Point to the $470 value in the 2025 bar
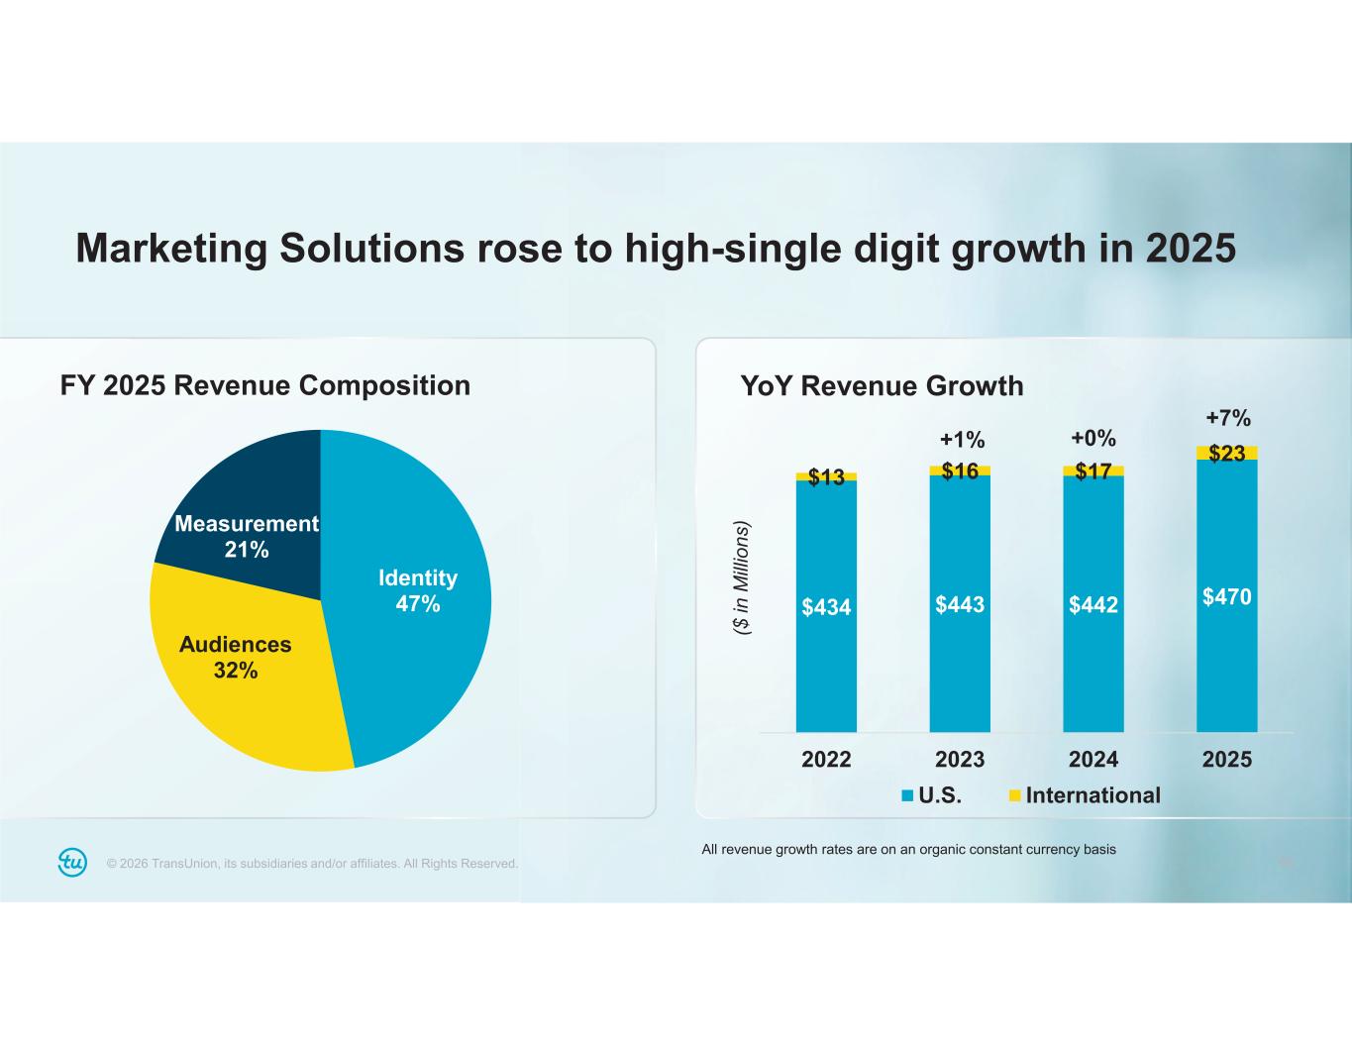[1227, 596]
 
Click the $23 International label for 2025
[1227, 454]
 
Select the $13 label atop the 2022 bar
[826, 477]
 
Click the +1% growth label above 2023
[962, 439]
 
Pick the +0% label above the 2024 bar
[1093, 438]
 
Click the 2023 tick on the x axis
[960, 760]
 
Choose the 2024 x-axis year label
[1093, 760]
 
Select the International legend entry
[1085, 795]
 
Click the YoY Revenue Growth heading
[882, 385]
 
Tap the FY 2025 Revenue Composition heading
[265, 385]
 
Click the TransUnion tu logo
[72, 863]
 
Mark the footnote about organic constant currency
[908, 849]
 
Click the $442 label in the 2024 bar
[1093, 605]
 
